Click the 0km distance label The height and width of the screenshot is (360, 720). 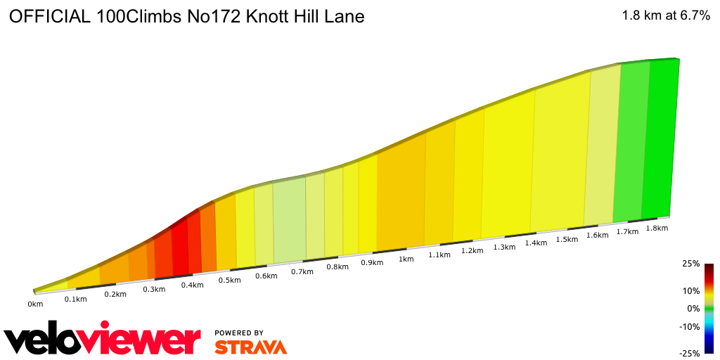35,304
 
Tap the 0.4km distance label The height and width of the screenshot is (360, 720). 192,285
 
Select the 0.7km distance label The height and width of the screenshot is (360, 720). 302,271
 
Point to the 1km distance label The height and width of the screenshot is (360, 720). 406,259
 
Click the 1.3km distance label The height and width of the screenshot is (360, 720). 504,247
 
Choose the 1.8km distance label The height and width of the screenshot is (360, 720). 656,228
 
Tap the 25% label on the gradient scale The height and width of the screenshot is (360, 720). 691,264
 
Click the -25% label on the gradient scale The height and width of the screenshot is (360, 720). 690,353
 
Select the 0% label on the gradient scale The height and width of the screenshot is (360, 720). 693,308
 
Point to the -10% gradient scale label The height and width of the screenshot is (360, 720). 690,326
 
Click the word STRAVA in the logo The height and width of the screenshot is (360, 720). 250,347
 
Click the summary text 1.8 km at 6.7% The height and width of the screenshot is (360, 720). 666,17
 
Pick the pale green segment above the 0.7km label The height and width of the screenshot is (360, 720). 289,218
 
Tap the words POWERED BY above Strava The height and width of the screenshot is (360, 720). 239,333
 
